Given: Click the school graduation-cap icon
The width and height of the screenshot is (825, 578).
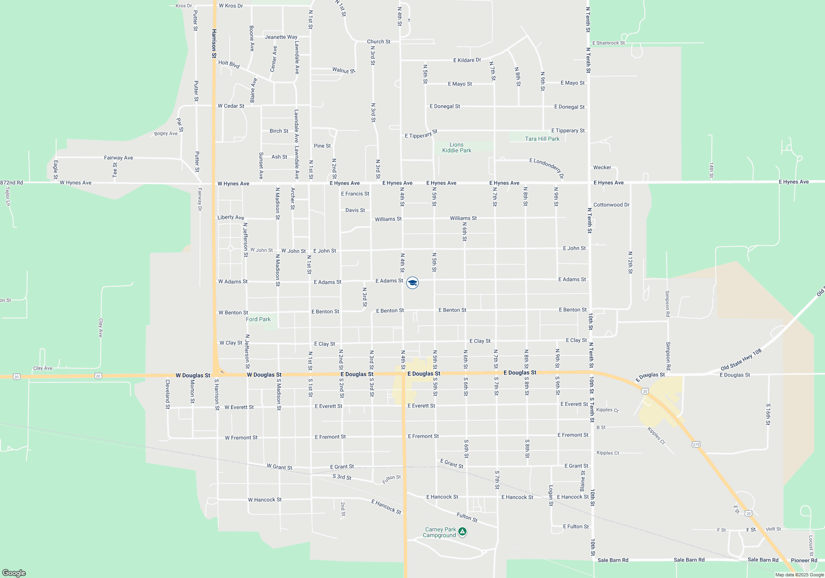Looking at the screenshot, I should (x=412, y=283).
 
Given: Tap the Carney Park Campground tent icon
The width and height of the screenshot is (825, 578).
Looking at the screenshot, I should (x=462, y=532).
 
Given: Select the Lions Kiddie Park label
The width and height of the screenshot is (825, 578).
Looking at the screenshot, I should (x=457, y=148).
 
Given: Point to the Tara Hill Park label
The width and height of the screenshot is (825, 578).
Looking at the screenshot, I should (x=542, y=139).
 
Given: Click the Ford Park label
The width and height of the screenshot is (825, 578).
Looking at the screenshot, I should (x=258, y=320).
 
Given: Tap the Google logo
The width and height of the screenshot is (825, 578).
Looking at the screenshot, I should (x=14, y=573).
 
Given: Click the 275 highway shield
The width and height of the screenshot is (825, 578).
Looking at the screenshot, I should (x=696, y=444).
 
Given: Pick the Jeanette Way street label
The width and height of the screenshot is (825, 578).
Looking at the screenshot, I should (x=281, y=37).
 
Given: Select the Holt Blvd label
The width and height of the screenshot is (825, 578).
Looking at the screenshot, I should (x=229, y=64).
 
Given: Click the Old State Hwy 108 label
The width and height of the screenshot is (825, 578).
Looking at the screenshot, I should (x=741, y=360).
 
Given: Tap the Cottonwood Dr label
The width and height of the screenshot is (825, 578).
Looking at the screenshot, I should (x=611, y=205).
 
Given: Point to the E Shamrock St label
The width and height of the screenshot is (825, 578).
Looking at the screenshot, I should (x=608, y=43).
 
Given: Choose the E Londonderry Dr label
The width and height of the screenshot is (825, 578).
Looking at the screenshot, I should (x=547, y=167).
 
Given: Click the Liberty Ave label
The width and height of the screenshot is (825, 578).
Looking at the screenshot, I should (x=231, y=218).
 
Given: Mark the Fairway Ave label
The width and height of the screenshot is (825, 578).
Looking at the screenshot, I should (x=118, y=158).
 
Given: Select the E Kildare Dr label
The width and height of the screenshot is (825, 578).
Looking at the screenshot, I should (x=467, y=60).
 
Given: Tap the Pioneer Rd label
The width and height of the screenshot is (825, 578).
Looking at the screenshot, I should (x=804, y=561).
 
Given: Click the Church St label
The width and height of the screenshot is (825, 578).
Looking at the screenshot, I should (x=379, y=42).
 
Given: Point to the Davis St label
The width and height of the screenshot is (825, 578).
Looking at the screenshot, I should (x=355, y=210).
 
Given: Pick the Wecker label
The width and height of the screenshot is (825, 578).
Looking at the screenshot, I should (x=602, y=168).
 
